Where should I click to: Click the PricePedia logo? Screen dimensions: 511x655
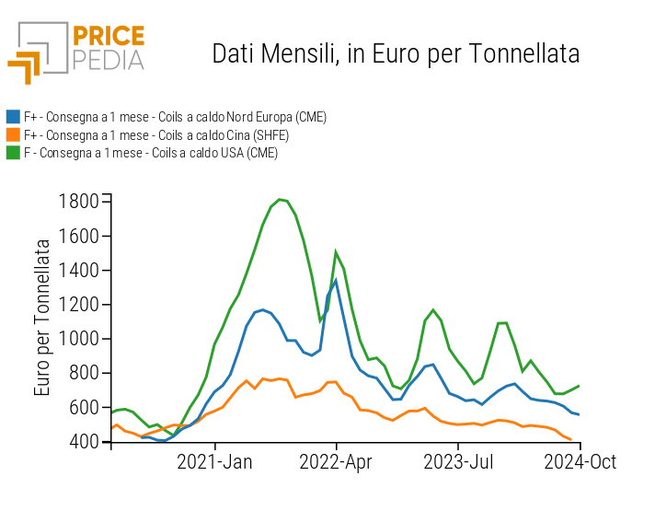[x=76, y=51]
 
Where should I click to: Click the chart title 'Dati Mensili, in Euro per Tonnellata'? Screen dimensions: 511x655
[x=396, y=53]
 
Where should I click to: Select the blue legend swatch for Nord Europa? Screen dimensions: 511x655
[x=13, y=117]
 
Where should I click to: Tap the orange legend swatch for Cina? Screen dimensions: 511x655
[x=13, y=134]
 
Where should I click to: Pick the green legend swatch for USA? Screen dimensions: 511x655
[x=13, y=153]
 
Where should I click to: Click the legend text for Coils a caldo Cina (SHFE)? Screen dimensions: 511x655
[x=156, y=134]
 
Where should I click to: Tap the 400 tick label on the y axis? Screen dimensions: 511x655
[x=85, y=442]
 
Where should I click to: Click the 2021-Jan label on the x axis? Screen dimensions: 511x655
[x=215, y=461]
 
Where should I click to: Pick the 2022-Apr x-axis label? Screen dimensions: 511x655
[x=337, y=461]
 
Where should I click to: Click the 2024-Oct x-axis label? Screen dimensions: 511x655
[x=580, y=461]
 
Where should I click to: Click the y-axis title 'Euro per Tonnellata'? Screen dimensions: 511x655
[x=42, y=318]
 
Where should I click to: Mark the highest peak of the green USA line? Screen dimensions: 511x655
[x=280, y=199]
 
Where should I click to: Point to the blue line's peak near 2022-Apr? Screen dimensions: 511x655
[x=336, y=280]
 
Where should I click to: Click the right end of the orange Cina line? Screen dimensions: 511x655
[x=571, y=439]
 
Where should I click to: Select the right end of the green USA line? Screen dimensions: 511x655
[x=580, y=385]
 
